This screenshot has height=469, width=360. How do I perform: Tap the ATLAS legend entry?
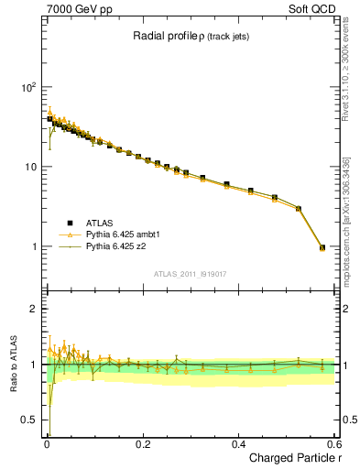(x=99, y=223)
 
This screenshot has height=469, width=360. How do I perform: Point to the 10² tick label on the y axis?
(x=28, y=88)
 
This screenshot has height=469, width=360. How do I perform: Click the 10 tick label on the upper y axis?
(x=32, y=168)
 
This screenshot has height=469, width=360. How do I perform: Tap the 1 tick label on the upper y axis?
(x=35, y=247)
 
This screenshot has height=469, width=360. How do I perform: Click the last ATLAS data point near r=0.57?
(x=322, y=247)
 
